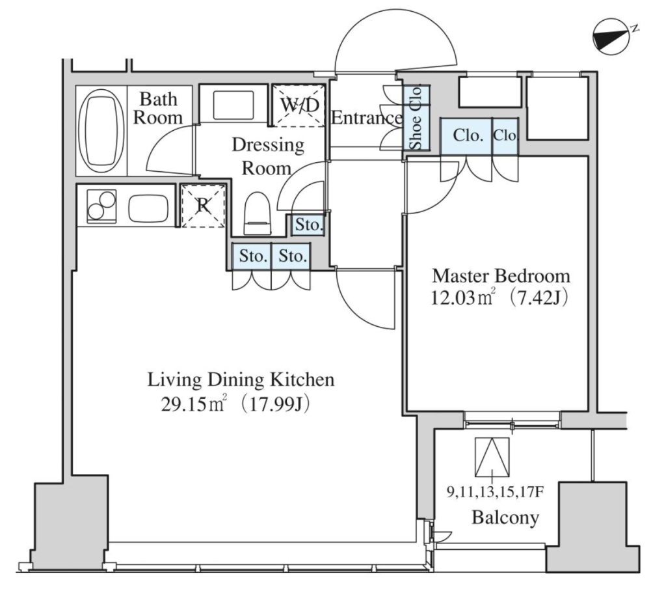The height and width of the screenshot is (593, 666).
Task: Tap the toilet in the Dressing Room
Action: tap(258, 214)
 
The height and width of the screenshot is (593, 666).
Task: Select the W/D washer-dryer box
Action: tap(299, 106)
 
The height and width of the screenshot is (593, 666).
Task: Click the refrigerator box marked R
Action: tap(203, 206)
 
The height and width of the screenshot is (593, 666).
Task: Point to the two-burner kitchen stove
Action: tap(101, 206)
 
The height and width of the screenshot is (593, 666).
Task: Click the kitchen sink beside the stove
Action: tap(149, 208)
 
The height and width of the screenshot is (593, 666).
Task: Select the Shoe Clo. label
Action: tap(416, 118)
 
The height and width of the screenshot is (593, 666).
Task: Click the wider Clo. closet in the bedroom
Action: tap(466, 137)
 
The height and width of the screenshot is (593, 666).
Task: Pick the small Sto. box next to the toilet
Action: tap(309, 225)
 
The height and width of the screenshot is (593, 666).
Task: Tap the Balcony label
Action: tap(505, 518)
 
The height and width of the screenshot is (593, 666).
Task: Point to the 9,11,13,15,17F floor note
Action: tap(495, 492)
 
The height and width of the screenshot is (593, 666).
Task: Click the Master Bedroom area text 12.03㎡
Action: tap(463, 299)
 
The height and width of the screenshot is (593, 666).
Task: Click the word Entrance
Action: tap(367, 117)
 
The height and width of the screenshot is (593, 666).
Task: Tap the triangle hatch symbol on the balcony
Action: tap(492, 457)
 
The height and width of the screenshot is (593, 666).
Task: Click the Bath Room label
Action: tap(158, 109)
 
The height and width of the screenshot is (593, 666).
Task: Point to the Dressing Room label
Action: tap(268, 156)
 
